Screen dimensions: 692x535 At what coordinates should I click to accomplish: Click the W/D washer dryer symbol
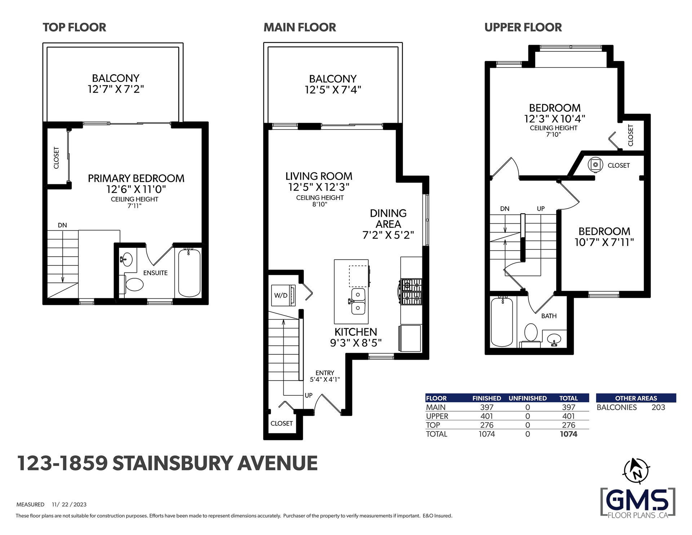coord(283,295)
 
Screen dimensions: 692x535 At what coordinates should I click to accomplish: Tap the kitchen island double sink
coord(358,301)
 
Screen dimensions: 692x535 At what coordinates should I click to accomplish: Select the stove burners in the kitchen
coord(411,292)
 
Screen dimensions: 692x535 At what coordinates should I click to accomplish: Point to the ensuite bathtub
coord(189,272)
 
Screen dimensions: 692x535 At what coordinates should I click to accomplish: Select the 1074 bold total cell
coord(568,434)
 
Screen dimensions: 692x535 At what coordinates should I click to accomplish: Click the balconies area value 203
coord(658,407)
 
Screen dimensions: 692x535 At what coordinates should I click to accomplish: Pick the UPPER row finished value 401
coord(487,416)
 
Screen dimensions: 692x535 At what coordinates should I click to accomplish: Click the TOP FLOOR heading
coord(75,27)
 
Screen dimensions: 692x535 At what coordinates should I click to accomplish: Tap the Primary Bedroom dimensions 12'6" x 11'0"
coord(136,189)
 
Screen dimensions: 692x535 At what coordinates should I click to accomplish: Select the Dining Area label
coord(388,219)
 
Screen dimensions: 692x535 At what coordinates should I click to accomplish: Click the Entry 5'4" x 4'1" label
coord(325,376)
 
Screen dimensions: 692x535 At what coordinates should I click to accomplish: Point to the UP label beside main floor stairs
coord(309,395)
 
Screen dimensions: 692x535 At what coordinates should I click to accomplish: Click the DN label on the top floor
coord(62,225)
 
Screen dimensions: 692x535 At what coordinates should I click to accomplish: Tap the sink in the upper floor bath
coord(554,339)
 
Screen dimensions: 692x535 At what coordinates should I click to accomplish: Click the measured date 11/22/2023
coord(69,504)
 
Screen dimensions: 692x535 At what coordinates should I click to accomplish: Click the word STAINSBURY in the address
coord(172,463)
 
